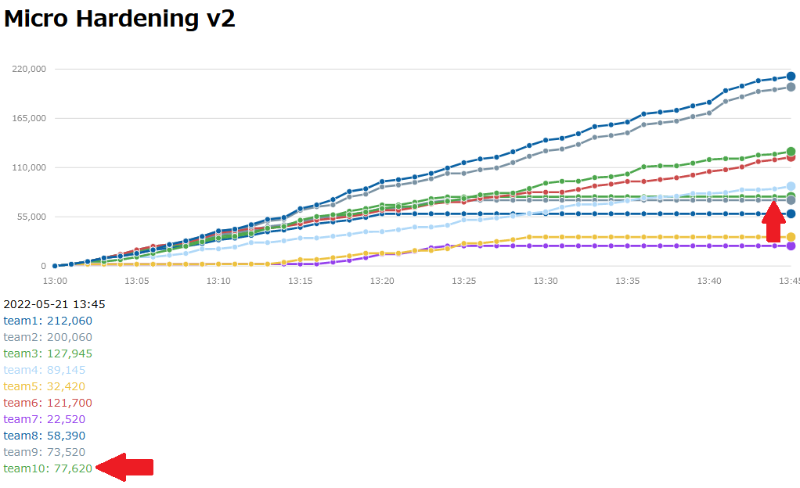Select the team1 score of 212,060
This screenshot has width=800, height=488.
point(48,321)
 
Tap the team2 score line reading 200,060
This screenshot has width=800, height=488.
point(48,337)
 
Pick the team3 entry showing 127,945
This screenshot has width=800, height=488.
point(48,353)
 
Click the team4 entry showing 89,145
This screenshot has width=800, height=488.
point(45,370)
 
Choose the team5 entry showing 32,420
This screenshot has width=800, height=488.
point(45,386)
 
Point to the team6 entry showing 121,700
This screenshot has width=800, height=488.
point(48,403)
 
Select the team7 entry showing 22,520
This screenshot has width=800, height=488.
point(45,419)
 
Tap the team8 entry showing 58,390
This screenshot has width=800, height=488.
point(45,436)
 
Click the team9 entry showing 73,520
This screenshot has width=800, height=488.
point(45,452)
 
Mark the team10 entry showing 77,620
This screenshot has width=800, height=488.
point(48,468)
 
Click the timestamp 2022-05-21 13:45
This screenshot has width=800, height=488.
point(55,304)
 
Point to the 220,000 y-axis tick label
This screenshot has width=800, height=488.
point(30,69)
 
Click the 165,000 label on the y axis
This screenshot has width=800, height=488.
point(30,118)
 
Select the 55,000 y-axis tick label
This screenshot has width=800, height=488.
point(32,217)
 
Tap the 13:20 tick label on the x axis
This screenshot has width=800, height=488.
point(382,280)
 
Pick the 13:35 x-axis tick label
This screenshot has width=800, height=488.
point(628,280)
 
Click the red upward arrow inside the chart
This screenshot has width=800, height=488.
point(774,222)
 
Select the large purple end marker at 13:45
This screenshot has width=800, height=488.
point(791,246)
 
